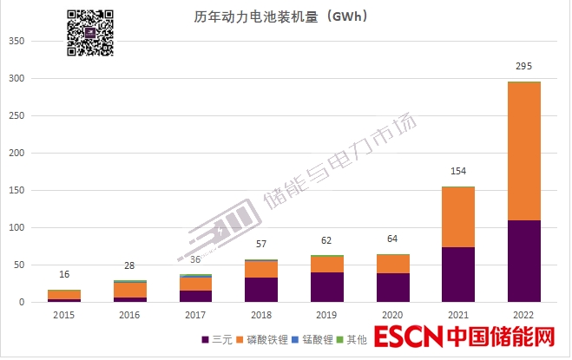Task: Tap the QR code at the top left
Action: point(90,32)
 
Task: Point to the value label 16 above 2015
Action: point(63,274)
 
